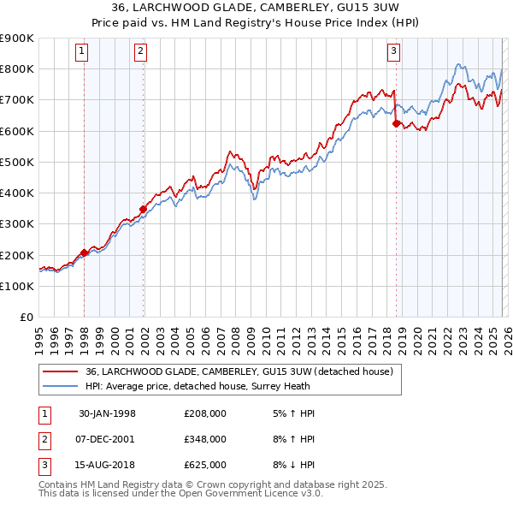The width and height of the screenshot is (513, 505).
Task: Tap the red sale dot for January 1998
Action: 85,253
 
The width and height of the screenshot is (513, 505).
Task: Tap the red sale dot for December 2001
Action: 143,209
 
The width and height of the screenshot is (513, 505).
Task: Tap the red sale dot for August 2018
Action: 396,123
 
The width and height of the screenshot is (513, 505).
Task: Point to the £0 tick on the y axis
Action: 27,318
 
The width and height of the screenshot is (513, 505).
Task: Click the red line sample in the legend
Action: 62,371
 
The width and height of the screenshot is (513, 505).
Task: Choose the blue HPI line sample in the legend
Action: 62,386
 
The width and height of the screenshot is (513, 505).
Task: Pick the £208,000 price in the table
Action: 205,413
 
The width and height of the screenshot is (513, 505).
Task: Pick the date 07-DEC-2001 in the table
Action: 107,439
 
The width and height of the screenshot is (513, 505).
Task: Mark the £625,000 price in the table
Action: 205,465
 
